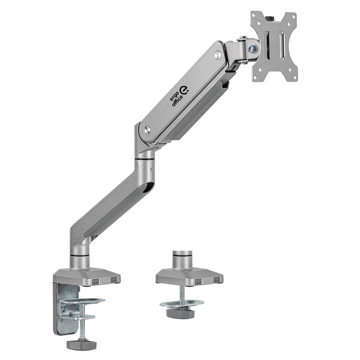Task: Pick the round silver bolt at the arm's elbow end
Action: [147, 130]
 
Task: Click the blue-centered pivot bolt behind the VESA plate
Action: [252, 49]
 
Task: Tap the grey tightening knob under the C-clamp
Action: [80, 343]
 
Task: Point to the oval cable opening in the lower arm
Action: [145, 188]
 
